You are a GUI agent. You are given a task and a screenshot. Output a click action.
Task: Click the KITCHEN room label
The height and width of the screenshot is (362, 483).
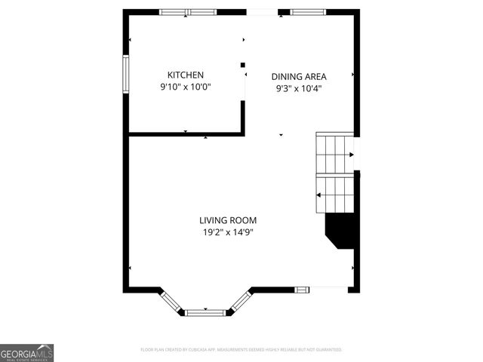185,75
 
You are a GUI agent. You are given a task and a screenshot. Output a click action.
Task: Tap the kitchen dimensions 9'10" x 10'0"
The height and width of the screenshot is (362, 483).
185,87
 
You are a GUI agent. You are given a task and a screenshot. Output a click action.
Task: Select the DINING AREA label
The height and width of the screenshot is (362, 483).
298,76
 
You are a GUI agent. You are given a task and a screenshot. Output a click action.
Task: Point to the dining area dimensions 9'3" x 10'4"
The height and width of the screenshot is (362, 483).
298,88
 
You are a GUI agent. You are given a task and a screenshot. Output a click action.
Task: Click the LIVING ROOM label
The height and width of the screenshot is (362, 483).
228,220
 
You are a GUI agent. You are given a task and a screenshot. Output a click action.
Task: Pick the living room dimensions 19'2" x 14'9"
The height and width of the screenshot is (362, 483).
228,232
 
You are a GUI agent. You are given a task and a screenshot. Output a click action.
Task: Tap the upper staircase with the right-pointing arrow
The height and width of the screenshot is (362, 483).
335,154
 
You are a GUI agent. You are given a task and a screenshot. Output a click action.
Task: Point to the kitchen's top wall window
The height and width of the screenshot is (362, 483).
188,12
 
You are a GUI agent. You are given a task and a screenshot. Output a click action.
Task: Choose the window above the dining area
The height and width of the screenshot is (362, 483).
303,12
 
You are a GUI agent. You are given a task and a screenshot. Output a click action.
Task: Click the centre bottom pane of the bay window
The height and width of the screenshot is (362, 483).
205,311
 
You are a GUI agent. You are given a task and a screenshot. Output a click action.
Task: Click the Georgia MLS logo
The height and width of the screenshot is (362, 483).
27,353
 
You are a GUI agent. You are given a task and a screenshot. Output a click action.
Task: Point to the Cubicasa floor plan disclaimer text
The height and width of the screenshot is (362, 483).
241,350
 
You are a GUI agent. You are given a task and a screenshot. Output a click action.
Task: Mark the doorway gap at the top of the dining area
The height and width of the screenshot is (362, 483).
262,12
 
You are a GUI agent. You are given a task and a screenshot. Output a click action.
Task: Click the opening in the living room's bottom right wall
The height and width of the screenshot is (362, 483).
328,288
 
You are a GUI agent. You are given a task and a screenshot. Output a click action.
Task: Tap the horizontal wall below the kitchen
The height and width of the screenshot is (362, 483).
185,135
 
